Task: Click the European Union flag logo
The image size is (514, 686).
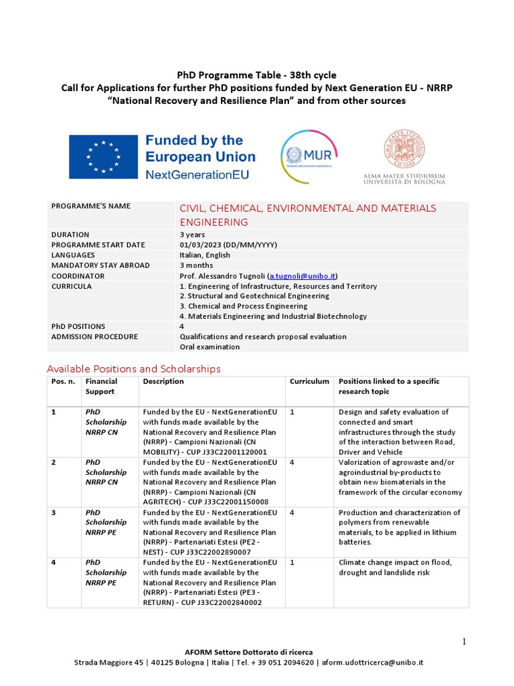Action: [100, 156]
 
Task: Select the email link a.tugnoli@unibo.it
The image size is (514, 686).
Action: [303, 276]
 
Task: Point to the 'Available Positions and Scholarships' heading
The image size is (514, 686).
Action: [133, 368]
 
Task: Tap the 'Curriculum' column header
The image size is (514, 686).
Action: [309, 382]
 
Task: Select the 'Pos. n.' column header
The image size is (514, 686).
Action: [62, 382]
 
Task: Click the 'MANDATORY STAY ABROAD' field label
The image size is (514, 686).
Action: [95, 265]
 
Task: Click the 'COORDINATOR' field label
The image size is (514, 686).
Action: [78, 276]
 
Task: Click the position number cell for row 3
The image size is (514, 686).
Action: [54, 512]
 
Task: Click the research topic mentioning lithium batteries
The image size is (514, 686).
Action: [400, 527]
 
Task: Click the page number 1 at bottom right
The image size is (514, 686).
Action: [464, 642]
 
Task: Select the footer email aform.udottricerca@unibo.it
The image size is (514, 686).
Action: [372, 663]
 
